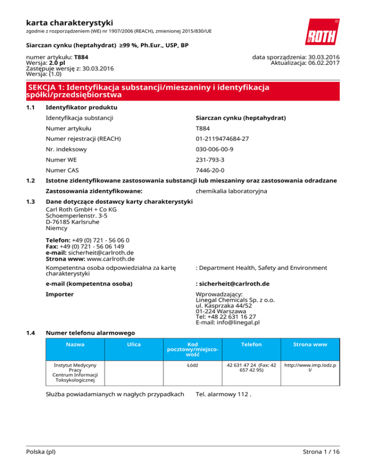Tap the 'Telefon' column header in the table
248,344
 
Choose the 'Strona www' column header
310,344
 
